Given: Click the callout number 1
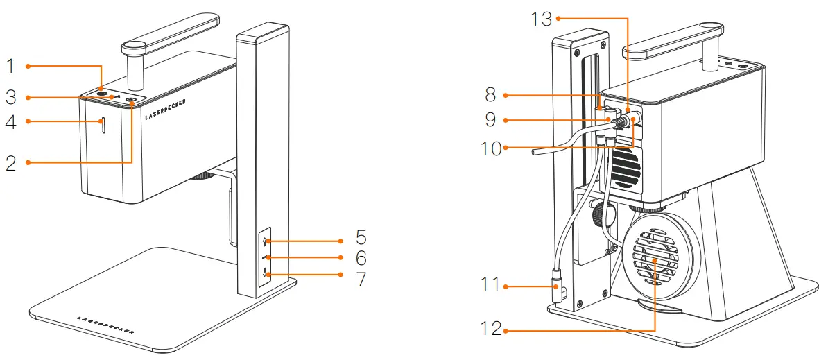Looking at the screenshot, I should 10,67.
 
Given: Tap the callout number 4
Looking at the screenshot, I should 10,123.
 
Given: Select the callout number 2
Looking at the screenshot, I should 10,164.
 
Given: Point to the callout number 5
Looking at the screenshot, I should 361,238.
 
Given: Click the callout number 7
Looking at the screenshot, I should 361,280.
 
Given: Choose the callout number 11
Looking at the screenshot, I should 490,284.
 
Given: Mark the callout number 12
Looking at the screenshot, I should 490,328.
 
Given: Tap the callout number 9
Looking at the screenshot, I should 490,119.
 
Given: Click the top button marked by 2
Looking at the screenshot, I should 132,101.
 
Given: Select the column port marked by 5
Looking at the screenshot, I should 266,241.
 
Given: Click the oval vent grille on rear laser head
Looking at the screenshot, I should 625,166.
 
